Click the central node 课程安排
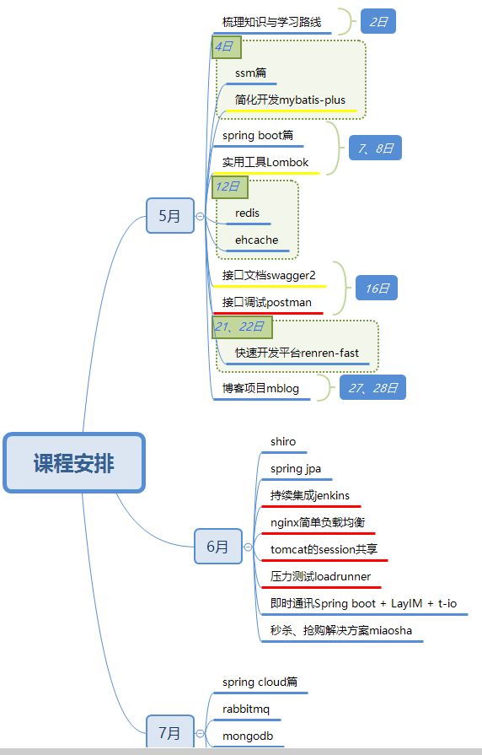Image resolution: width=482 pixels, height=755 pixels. click(x=74, y=463)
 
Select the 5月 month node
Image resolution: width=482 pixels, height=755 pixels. click(x=170, y=216)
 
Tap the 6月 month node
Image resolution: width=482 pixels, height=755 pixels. click(x=218, y=547)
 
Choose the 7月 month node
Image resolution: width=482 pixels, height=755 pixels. click(x=170, y=732)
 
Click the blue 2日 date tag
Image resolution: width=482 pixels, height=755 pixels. click(x=378, y=22)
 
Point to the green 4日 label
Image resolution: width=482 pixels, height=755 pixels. click(x=226, y=46)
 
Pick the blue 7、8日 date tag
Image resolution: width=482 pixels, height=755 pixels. click(x=375, y=148)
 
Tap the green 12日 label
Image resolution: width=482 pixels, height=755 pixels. click(x=230, y=186)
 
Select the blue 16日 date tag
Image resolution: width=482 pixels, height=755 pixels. click(x=377, y=288)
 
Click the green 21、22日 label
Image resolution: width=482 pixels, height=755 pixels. click(x=242, y=327)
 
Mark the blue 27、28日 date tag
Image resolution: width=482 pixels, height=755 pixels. click(x=372, y=387)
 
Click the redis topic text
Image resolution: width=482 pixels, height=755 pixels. click(x=247, y=213)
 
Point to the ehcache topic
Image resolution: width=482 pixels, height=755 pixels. click(x=256, y=240)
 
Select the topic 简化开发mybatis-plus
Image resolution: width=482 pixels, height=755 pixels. click(x=290, y=100)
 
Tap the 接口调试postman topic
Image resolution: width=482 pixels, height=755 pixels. click(x=266, y=302)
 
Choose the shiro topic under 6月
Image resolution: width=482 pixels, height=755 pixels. click(x=283, y=441)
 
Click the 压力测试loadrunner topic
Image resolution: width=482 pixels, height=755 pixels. click(x=320, y=576)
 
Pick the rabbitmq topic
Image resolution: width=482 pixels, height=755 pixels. click(x=246, y=709)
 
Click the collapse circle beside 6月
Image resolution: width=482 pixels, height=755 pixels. click(x=249, y=547)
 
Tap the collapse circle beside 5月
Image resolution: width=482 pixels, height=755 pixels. click(x=200, y=216)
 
